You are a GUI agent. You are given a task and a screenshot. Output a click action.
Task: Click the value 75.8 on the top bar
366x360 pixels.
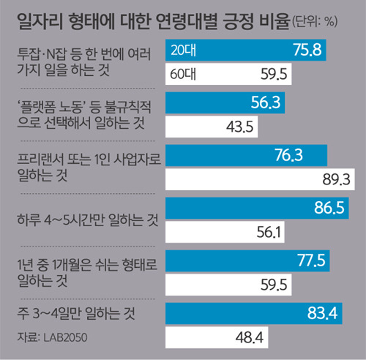307,50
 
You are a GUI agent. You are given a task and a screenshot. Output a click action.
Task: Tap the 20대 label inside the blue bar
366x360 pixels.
183,50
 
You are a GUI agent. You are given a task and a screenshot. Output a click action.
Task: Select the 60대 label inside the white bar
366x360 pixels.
183,74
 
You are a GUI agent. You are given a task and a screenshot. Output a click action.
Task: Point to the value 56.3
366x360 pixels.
266,102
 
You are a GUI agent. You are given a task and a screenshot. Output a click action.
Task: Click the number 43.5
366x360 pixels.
239,127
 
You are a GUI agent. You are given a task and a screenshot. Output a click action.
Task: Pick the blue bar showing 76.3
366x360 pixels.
246,155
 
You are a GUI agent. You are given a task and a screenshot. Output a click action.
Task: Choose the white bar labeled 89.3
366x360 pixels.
260,179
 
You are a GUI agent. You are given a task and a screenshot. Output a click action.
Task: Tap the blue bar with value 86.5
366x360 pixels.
257,208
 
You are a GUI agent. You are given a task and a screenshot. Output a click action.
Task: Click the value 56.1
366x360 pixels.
269,232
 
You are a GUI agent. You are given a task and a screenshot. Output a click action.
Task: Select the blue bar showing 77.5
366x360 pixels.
247,260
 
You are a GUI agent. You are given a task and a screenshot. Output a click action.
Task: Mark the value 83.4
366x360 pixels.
322,313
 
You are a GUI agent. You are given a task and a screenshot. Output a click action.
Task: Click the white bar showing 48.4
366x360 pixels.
217,337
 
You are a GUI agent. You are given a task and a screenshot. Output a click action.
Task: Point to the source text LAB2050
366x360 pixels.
65,337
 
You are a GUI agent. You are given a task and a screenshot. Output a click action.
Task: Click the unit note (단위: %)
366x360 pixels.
315,22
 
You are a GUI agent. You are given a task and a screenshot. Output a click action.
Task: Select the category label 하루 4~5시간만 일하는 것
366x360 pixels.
88,220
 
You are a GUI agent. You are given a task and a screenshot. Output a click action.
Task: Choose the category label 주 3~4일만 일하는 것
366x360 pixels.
76,313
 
